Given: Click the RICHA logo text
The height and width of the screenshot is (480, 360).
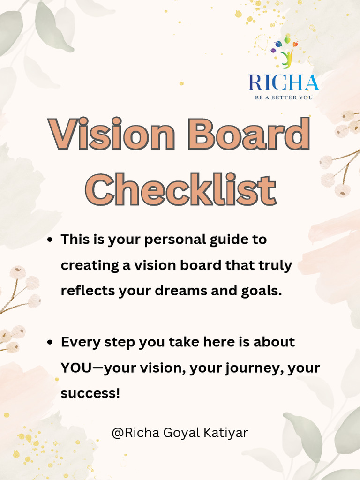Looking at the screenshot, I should coord(284,83).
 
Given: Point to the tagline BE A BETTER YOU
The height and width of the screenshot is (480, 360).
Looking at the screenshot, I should coord(284,97).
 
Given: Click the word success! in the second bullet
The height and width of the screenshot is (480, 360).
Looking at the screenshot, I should coord(90,393).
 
